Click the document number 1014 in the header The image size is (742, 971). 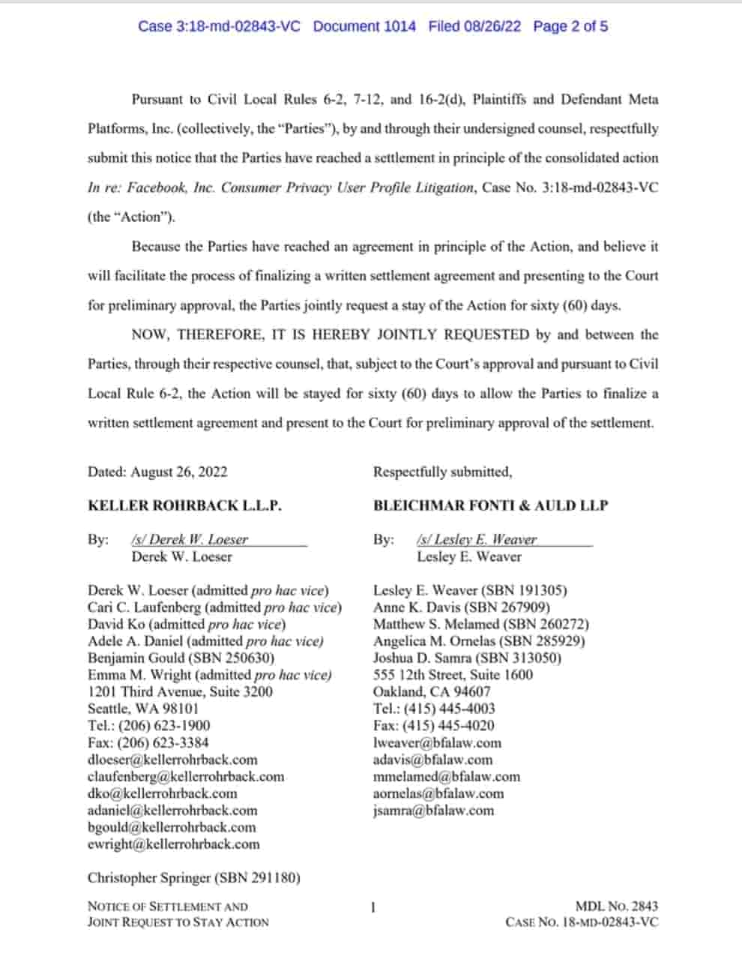[x=400, y=26]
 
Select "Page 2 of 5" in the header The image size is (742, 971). [x=570, y=26]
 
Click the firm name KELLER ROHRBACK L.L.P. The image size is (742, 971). [x=184, y=505]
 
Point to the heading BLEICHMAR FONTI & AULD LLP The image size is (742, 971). [x=490, y=505]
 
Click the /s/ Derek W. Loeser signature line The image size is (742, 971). [x=189, y=539]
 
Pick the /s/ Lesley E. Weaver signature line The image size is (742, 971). [x=477, y=539]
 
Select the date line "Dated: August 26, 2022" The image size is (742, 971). [x=157, y=472]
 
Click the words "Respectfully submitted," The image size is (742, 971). [x=442, y=472]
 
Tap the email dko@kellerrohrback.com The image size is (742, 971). [x=162, y=793]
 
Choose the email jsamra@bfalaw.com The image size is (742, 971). [x=433, y=811]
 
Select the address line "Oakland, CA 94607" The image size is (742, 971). [x=432, y=691]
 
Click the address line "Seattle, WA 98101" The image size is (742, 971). [x=143, y=709]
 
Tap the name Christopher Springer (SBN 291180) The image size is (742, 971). [x=193, y=877]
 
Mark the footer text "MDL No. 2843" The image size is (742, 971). [x=617, y=907]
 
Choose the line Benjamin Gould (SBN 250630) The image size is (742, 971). [x=181, y=658]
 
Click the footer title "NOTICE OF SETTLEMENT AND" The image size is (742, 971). [x=167, y=907]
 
